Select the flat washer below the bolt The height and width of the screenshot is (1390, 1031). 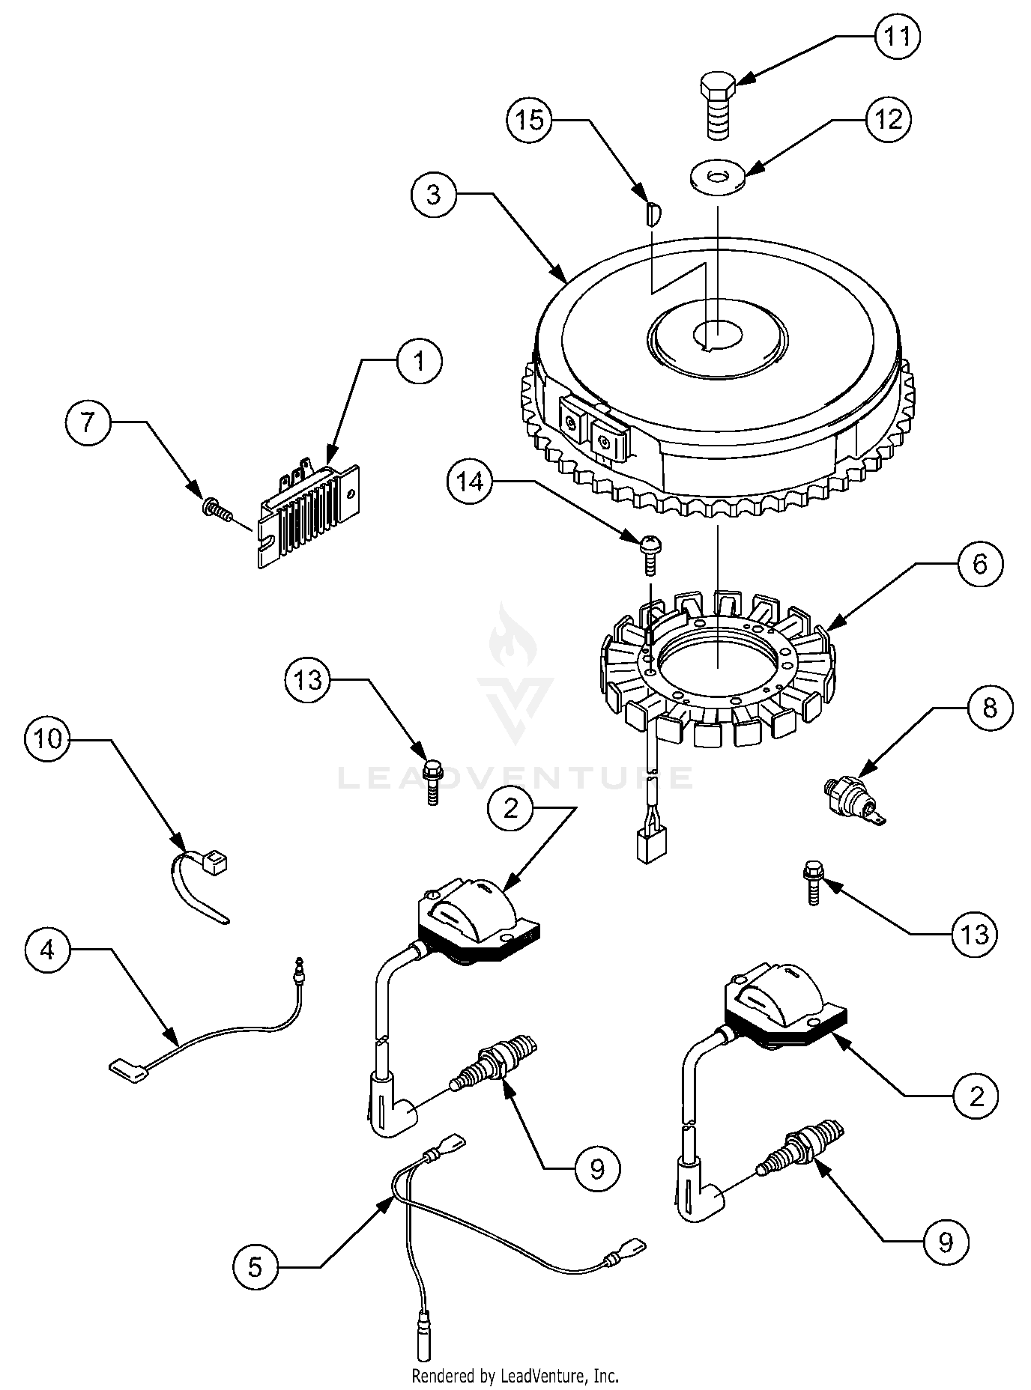[x=718, y=177]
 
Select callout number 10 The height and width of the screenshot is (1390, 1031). [x=47, y=739]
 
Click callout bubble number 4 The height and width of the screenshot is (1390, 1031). [x=47, y=950]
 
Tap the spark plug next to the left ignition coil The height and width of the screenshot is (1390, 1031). [x=492, y=1061]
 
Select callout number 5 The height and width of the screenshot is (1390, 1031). [x=256, y=1268]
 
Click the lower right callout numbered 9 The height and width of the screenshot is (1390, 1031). [x=946, y=1242]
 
